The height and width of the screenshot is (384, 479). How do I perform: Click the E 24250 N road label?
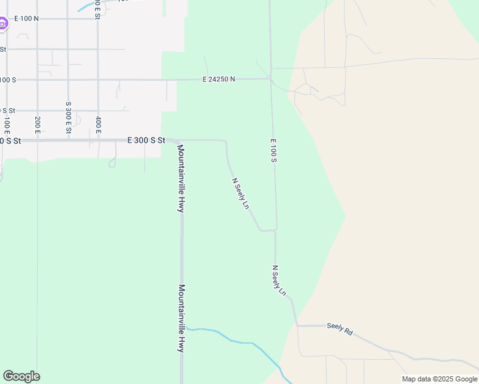tap(218, 79)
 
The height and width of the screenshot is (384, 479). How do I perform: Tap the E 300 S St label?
tap(147, 140)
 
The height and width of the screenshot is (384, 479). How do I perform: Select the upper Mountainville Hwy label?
tap(181, 179)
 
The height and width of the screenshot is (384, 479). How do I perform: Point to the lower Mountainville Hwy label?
tap(182, 318)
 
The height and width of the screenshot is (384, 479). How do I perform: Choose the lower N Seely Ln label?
tap(279, 280)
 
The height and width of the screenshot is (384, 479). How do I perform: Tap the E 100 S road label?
tap(273, 150)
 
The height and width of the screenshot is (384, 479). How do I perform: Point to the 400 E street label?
tap(98, 124)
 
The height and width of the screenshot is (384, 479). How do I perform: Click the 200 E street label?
tap(38, 124)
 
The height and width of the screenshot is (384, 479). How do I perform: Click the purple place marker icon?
tap(3, 24)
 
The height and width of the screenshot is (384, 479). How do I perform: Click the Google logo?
tap(21, 376)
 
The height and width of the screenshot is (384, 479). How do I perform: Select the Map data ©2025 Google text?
tap(439, 379)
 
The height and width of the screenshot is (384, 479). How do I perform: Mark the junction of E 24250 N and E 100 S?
tap(270, 79)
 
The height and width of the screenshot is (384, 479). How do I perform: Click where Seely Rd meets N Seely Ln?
tap(297, 326)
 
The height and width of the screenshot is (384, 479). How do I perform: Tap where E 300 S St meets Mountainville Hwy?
tap(177, 140)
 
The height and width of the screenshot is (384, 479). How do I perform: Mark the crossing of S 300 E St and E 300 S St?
tap(68, 140)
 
